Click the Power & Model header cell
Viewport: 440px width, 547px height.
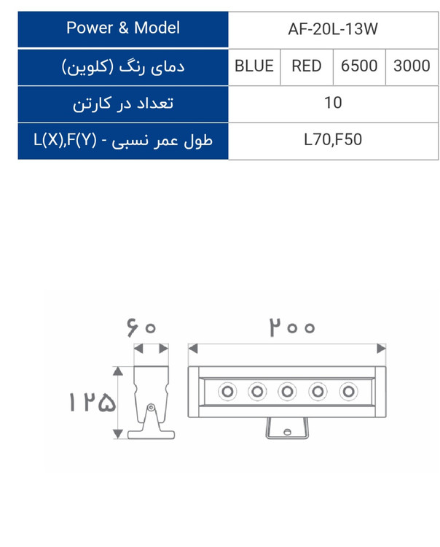pos(123,29)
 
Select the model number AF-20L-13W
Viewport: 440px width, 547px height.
pos(333,29)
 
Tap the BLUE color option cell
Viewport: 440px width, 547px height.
pos(254,67)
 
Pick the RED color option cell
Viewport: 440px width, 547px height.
pos(307,67)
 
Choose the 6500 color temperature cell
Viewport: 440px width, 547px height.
pos(359,67)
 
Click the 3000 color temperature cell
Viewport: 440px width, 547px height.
pos(412,67)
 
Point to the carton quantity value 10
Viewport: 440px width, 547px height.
pos(333,103)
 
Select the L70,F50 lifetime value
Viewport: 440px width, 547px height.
pos(333,139)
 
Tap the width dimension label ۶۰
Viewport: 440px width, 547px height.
pos(141,327)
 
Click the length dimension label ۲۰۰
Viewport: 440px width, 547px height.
pos(292,327)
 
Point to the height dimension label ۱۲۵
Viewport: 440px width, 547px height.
pos(93,402)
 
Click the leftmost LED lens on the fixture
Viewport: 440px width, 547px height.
pos(227,392)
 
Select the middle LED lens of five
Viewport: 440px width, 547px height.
pos(287,392)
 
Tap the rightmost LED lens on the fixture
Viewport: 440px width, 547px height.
pos(348,392)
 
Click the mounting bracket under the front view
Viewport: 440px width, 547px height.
pos(287,428)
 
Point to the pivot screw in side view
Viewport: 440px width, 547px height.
pos(151,407)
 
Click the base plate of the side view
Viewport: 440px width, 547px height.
pos(151,435)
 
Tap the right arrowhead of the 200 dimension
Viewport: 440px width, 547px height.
pos(382,349)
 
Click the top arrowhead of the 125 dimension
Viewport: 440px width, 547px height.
pos(118,371)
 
